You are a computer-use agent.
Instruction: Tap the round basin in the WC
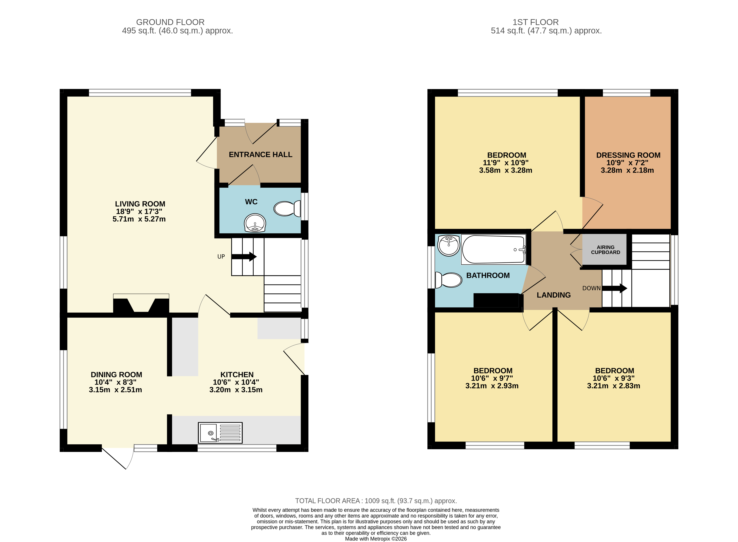255,223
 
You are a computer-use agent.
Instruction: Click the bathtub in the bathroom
493,249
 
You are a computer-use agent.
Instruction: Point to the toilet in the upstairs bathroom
448,280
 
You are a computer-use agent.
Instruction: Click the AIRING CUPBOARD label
605,250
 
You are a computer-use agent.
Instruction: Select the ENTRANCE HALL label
260,155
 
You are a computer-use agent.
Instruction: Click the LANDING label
553,295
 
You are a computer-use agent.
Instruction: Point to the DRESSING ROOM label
628,155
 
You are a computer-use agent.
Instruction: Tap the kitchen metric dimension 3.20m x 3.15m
236,390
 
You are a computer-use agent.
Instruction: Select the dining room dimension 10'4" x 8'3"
115,382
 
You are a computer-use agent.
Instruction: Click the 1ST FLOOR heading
535,22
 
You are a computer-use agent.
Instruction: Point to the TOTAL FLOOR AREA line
376,501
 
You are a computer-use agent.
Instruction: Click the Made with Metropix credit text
376,539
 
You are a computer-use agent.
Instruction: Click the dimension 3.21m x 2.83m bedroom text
613,386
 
